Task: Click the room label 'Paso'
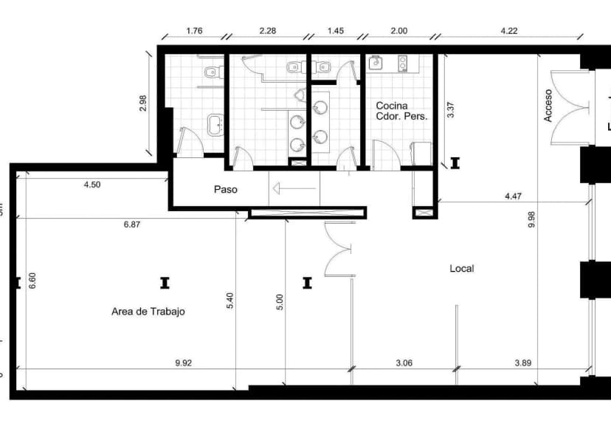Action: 226,190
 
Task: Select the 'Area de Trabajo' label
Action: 148,312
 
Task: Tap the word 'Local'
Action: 462,269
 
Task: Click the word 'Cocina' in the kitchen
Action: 391,106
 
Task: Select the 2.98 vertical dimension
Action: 143,103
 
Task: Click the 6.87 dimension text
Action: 131,225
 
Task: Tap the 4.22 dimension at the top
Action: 509,31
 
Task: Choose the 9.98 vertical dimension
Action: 531,219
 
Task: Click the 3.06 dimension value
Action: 404,363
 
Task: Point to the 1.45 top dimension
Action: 335,31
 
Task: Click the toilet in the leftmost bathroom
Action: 213,72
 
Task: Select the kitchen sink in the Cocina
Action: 377,62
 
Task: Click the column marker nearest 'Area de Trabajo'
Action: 165,282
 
